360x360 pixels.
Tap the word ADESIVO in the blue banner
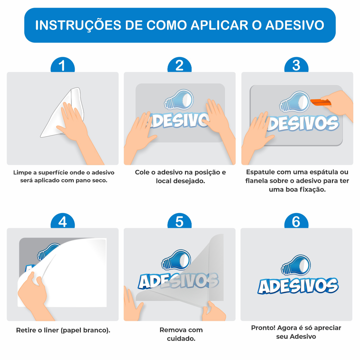(x=295, y=25)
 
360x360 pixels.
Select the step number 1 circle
(x=63, y=65)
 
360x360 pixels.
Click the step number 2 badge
(x=180, y=65)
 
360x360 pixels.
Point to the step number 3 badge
(x=296, y=65)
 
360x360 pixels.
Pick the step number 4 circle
(x=63, y=221)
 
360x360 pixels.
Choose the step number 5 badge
(x=180, y=221)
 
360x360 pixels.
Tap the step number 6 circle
(x=296, y=221)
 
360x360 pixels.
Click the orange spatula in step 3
(x=321, y=102)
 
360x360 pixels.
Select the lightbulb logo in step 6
(x=296, y=265)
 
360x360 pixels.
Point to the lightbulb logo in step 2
(x=179, y=99)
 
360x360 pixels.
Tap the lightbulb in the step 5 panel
(x=176, y=260)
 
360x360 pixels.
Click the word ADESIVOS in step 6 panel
(x=298, y=286)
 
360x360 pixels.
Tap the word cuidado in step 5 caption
(x=181, y=339)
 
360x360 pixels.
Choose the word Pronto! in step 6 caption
(x=263, y=328)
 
